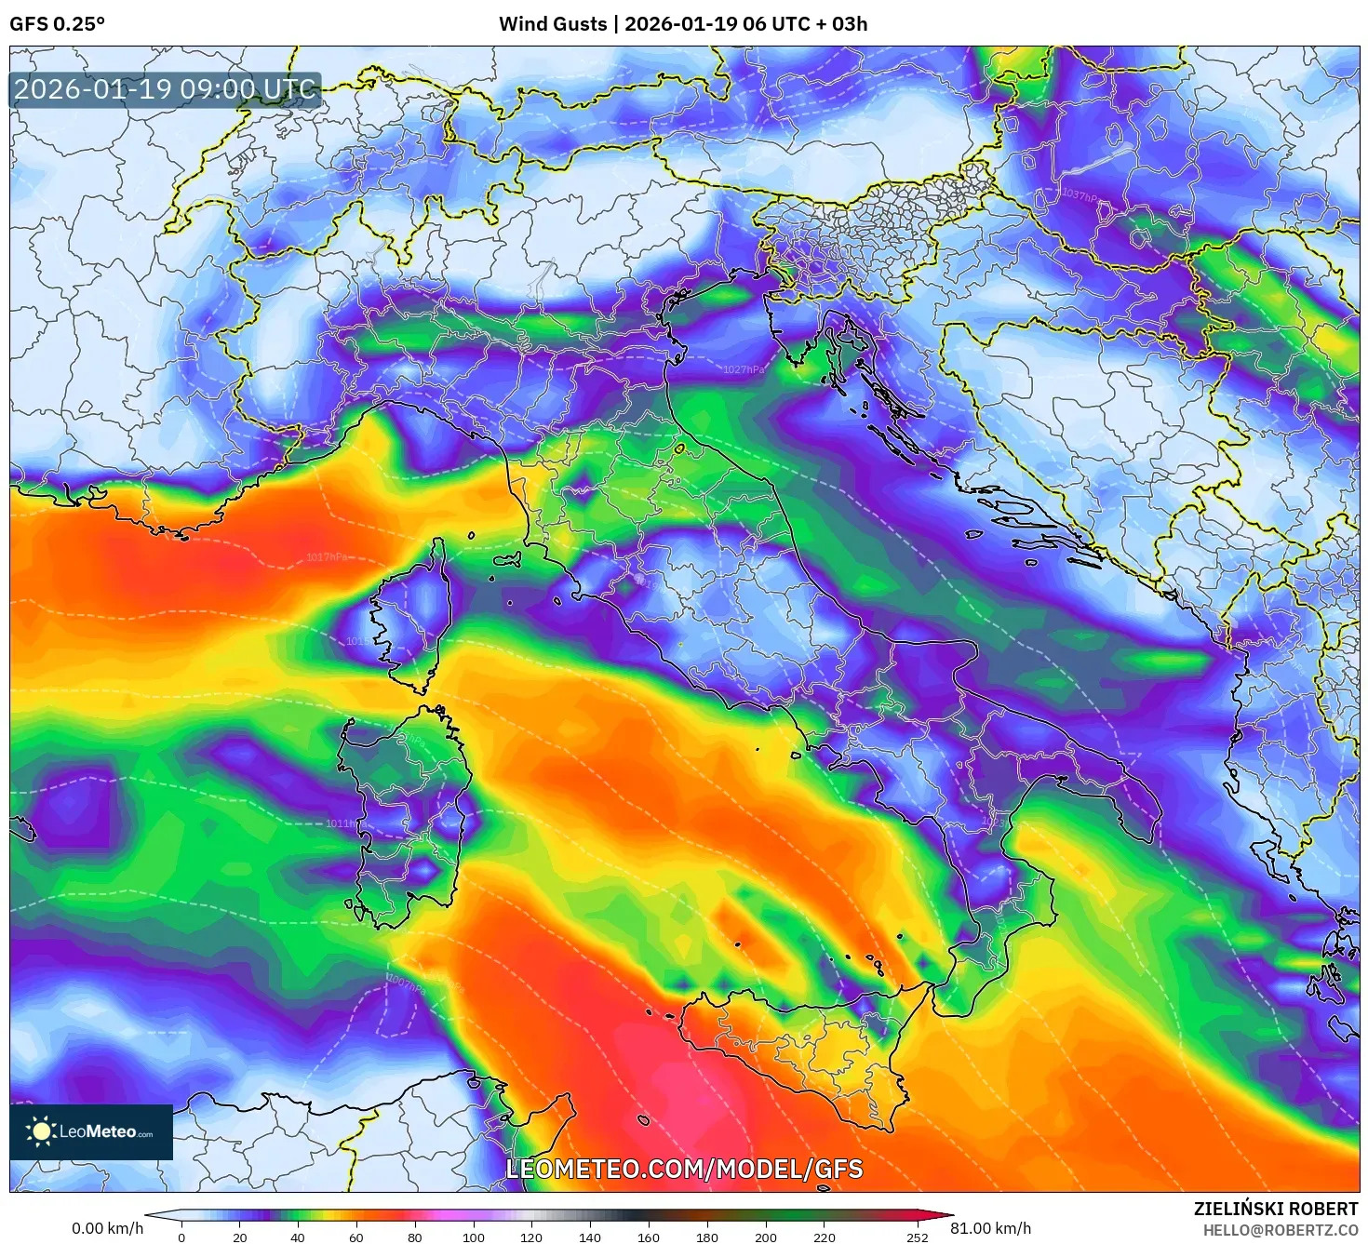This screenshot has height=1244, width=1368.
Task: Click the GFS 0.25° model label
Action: pos(57,24)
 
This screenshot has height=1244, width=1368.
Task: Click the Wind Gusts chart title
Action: pos(683,24)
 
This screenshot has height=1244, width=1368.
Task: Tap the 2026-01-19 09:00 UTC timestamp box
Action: pos(166,90)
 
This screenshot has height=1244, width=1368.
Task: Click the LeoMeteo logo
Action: pos(91,1131)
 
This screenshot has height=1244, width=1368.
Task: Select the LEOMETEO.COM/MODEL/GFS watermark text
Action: pos(684,1169)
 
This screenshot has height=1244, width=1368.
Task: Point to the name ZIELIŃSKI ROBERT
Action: pos(1276,1209)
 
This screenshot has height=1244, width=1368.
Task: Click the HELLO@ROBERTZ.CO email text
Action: pos(1280,1230)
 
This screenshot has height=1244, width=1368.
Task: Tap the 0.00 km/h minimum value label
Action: pos(107,1228)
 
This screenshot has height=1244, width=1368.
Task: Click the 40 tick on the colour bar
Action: pos(298,1237)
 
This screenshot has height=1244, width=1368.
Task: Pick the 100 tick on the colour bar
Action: pos(474,1237)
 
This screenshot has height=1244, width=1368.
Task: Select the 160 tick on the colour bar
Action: pos(649,1237)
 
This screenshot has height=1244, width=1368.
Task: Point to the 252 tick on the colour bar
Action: pos(918,1237)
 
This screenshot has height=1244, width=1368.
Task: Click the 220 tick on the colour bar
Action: pos(824,1237)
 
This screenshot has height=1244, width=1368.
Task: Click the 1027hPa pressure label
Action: pos(744,369)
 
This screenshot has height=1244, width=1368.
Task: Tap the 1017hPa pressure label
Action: pos(327,557)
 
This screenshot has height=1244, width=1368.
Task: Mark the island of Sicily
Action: pos(810,1051)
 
